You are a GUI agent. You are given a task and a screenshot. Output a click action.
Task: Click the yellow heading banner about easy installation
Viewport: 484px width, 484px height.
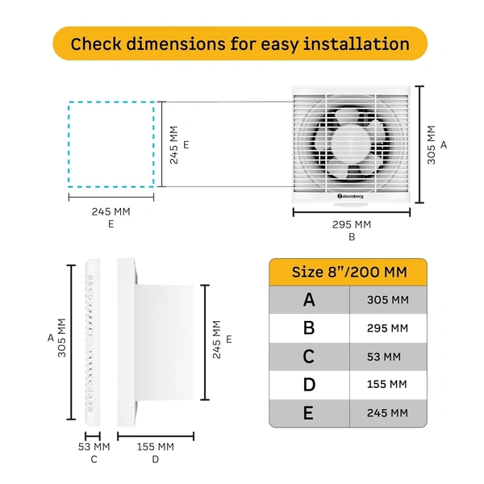coord(240,44)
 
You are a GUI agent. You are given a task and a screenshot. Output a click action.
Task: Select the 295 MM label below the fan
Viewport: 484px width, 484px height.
coord(352,224)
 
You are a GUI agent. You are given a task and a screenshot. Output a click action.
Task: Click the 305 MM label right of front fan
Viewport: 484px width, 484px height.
coord(431,144)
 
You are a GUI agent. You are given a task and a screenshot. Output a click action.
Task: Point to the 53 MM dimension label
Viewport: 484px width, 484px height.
coord(94,446)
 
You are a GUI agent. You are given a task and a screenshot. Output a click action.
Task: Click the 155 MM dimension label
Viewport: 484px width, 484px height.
coord(156,446)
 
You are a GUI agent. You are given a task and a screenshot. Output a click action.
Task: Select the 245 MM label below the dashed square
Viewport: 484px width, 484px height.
coord(111,211)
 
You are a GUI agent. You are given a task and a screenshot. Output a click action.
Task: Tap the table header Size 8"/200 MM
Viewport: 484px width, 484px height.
coord(348,270)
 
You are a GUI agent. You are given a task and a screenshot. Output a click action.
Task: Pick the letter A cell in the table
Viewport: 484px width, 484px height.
coord(309,299)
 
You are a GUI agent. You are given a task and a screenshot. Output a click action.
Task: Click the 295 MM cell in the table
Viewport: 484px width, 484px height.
coord(388,328)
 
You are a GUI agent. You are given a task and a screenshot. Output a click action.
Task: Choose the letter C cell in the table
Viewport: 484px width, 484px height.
coord(309,356)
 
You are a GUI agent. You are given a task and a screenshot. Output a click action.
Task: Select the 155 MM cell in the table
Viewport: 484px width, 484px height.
coord(388,385)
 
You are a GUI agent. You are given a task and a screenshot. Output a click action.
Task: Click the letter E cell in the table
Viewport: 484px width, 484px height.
coord(309,413)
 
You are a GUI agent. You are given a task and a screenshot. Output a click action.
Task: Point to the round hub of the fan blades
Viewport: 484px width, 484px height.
coord(353,146)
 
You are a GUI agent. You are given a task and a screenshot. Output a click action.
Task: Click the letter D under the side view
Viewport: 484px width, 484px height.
coord(156,460)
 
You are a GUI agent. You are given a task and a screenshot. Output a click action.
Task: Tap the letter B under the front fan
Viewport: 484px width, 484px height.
coord(352,237)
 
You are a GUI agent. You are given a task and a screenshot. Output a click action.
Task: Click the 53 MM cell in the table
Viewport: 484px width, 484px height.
coord(388,356)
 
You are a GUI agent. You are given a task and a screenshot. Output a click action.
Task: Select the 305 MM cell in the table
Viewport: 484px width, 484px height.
coord(388,299)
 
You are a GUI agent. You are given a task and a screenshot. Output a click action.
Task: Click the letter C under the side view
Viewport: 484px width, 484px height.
coord(94,460)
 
